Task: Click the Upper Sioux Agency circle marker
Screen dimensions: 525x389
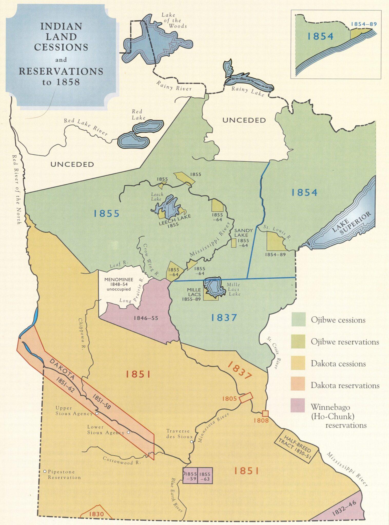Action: click(x=97, y=413)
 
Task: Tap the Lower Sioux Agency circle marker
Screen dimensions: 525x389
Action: click(x=128, y=432)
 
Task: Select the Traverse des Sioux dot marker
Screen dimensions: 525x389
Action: click(x=191, y=442)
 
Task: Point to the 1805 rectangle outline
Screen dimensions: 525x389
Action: click(x=246, y=398)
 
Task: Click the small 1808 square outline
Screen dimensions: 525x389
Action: click(x=265, y=413)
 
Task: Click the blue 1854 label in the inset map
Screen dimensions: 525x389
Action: click(x=320, y=36)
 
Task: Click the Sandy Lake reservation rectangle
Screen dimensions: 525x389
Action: click(x=234, y=243)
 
